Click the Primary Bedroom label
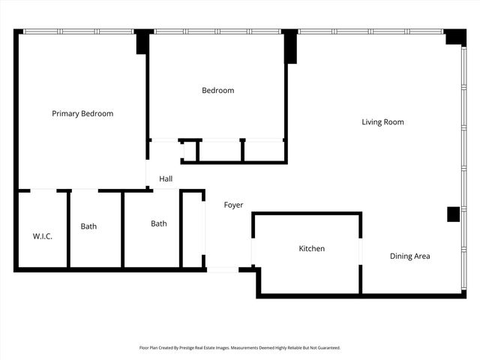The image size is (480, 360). click(82, 114)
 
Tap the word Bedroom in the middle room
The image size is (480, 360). click(217, 91)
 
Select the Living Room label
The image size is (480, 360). click(382, 122)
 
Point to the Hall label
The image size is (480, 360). click(166, 179)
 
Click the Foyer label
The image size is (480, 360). click(233, 205)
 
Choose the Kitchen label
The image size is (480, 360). click(312, 248)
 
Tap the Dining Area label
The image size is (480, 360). click(409, 256)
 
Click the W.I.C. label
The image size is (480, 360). click(42, 236)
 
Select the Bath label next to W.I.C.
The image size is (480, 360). click(88, 226)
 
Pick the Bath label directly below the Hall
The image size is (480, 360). click(159, 223)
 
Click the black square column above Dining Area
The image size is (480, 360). click(453, 214)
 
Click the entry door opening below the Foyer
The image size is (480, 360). click(222, 269)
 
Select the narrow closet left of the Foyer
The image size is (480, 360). click(193, 229)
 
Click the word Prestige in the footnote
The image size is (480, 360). click(193, 348)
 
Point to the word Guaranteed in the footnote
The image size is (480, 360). click(324, 348)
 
